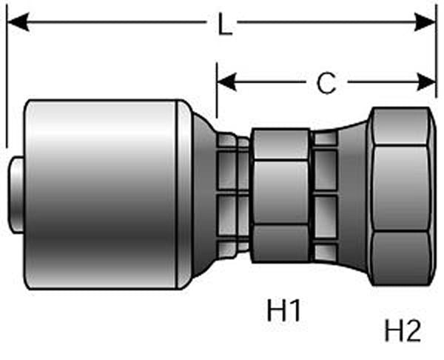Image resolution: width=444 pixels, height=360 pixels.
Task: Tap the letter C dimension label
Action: pos(326,84)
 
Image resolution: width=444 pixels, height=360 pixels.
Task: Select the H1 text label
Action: pos(284,312)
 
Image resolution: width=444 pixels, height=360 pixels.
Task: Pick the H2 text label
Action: pos(403,330)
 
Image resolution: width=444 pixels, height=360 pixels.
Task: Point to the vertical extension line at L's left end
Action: pos(6,81)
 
